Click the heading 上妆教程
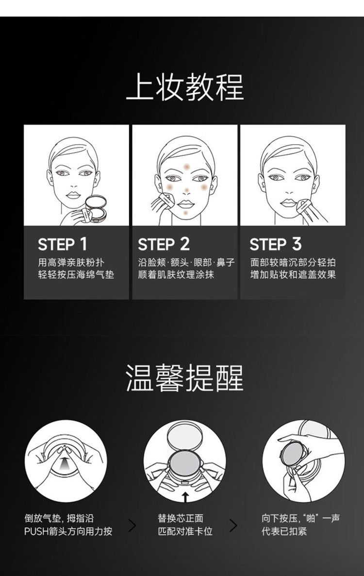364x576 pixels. point(184,87)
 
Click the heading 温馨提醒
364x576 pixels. point(184,378)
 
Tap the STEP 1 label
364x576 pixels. point(63,244)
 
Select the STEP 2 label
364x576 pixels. point(164,244)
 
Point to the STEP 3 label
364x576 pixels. point(276,244)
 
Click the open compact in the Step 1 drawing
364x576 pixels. point(96,208)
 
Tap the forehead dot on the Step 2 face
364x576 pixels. point(187,167)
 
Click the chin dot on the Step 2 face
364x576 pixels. point(186,213)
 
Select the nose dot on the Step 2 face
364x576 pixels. point(187,190)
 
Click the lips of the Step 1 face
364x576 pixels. point(73,195)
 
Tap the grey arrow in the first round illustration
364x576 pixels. point(65,463)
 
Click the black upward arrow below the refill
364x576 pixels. point(185,497)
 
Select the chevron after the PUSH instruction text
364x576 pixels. point(132,525)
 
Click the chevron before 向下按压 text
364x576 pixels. point(233,525)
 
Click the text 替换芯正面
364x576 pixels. point(181,518)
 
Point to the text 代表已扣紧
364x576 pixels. point(284,531)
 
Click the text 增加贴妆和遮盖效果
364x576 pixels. point(293,275)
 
